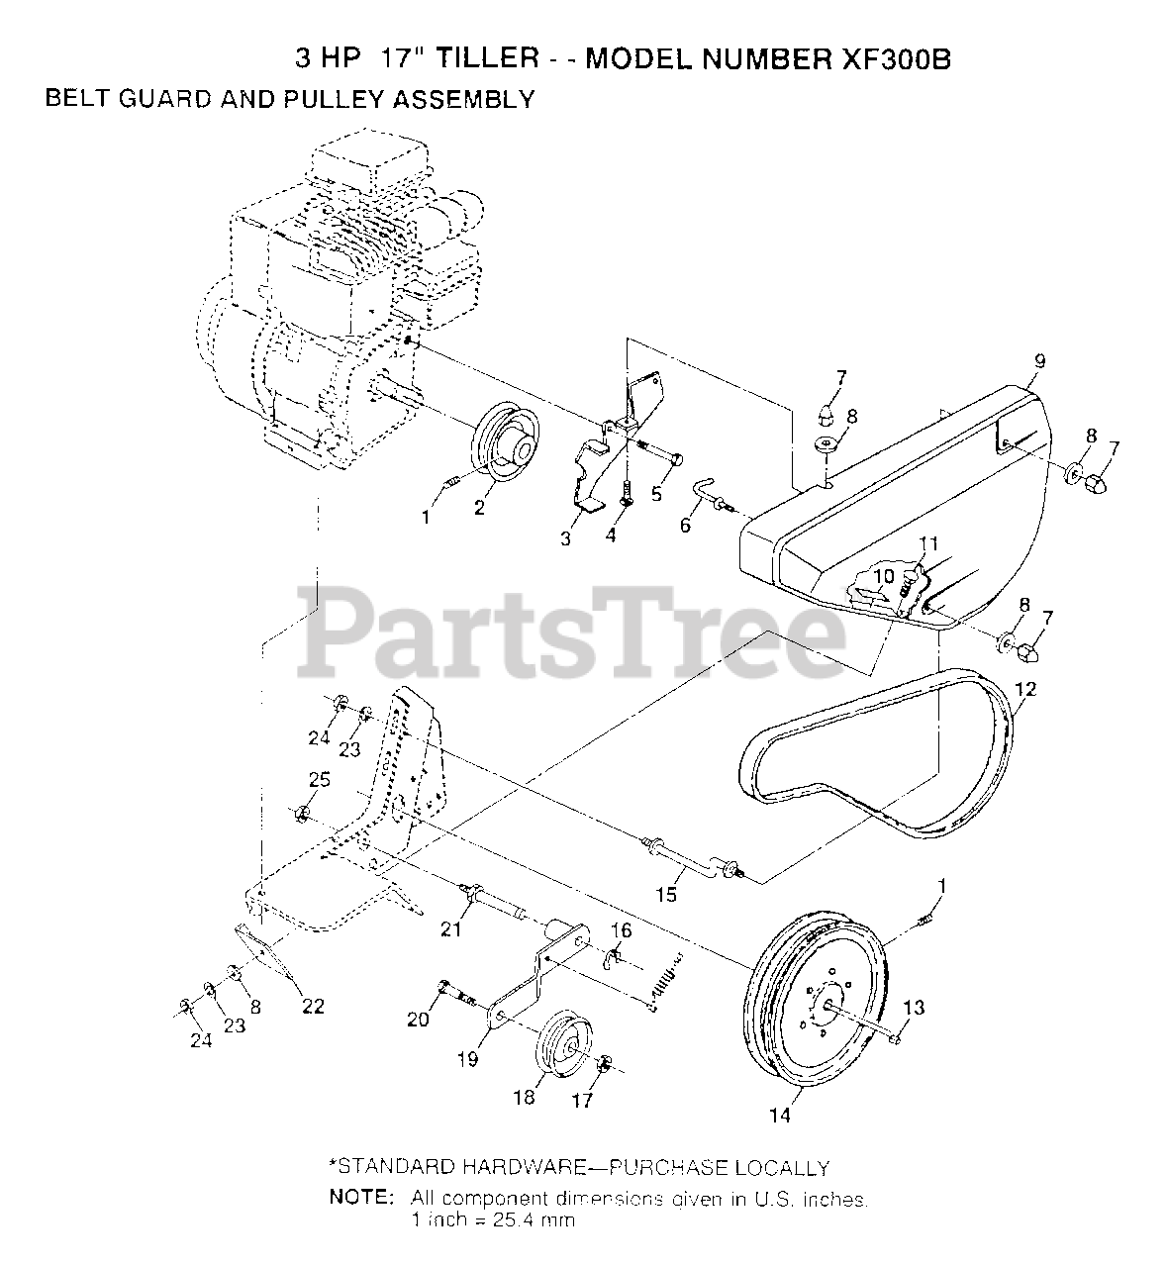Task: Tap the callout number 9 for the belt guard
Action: [x=1038, y=360]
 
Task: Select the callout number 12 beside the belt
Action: [x=1025, y=689]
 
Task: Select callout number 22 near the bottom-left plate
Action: [x=313, y=1007]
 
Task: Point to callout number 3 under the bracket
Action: [x=565, y=539]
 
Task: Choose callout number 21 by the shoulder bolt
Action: [x=451, y=927]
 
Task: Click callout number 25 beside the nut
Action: [x=319, y=781]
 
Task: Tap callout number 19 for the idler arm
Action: [x=467, y=1059]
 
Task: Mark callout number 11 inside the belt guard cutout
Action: [x=927, y=542]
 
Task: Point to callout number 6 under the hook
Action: [x=685, y=526]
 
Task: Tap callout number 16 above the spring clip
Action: [x=620, y=929]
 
